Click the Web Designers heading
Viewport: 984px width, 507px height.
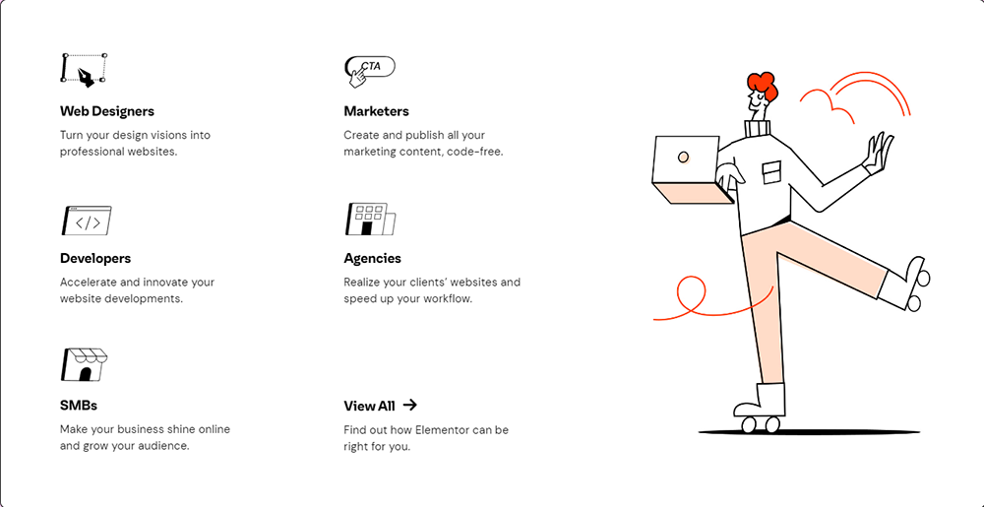[x=107, y=111]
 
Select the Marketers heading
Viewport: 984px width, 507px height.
[x=376, y=111]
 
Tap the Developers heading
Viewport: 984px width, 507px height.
[x=95, y=258]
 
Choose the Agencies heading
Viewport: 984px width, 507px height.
[x=372, y=258]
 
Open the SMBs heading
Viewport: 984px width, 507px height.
[x=79, y=405]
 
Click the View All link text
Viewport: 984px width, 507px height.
[x=369, y=406]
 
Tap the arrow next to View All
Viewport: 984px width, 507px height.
[x=410, y=405]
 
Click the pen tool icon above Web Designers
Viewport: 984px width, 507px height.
[x=85, y=70]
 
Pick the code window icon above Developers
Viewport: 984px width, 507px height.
[x=87, y=221]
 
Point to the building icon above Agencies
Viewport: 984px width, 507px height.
[x=370, y=220]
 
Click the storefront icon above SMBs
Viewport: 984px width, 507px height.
[x=84, y=364]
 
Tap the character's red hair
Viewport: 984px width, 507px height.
[x=762, y=86]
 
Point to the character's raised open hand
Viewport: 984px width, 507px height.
[x=878, y=153]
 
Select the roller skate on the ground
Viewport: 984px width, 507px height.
[x=760, y=408]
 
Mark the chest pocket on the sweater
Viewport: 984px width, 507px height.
[x=771, y=171]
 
